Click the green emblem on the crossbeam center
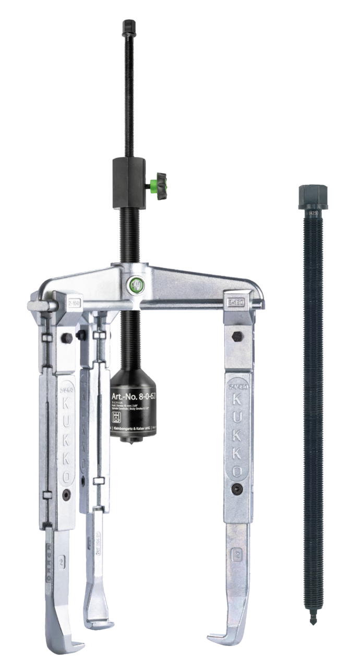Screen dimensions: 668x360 134,285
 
